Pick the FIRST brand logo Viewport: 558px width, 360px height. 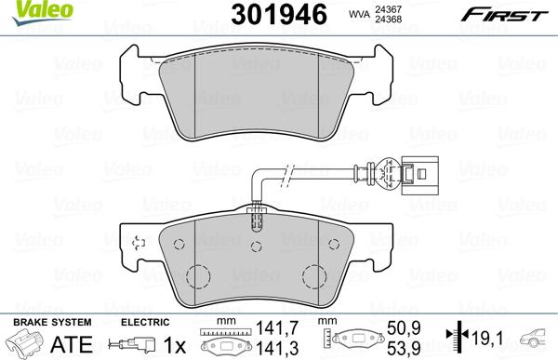pos(515,13)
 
